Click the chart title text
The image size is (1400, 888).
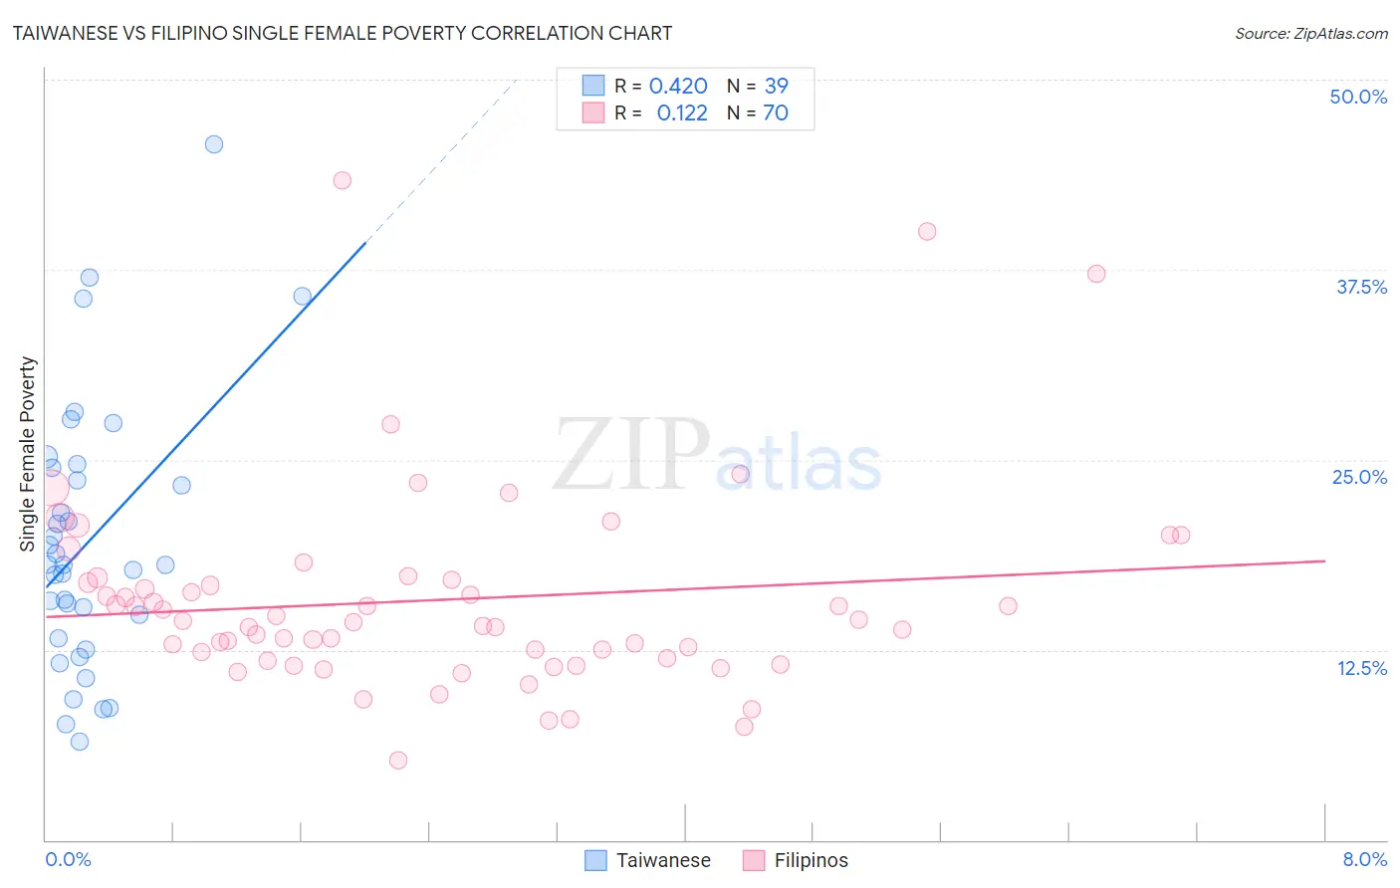pos(342,33)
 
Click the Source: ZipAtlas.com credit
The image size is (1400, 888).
pos(1310,33)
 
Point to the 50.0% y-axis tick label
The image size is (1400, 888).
pos(1358,97)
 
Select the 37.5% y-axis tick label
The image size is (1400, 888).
pos(1361,287)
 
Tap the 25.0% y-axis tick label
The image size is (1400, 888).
pos(1359,477)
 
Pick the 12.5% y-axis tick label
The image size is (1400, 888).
pos(1361,668)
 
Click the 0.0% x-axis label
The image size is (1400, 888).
pos(68,859)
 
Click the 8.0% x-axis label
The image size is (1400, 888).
pos(1364,859)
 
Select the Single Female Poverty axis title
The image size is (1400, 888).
pos(28,454)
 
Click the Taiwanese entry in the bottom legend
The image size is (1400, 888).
pos(662,860)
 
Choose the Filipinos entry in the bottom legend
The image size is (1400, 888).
pos(811,860)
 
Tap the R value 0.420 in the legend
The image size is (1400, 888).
pos(678,86)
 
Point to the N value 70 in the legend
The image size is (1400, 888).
pos(776,112)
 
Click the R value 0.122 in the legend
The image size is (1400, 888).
pos(682,112)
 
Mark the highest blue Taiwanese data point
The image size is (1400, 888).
pos(214,144)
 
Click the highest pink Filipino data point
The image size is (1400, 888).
pos(343,180)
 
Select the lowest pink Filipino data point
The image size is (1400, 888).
pos(398,761)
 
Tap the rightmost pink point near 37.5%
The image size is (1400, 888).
pos(1096,274)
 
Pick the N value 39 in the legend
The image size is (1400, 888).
pos(777,86)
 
